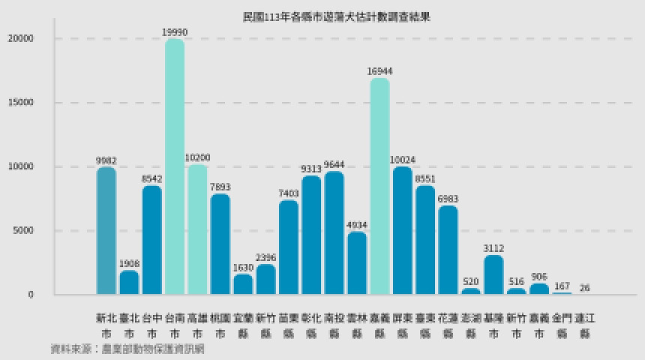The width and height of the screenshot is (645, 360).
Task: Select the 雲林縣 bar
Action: coord(357,262)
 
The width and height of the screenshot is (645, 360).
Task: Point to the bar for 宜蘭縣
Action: coord(243,283)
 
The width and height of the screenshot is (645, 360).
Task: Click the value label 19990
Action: coord(175,31)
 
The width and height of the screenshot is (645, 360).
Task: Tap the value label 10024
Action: coord(403,160)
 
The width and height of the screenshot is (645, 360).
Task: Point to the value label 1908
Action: coord(129,263)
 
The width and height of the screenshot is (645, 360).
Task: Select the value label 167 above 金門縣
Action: coord(562,286)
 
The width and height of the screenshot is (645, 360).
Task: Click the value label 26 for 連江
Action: coord(584,287)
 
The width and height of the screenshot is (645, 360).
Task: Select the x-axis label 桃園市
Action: coord(220,325)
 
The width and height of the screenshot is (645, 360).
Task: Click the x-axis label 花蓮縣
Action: coord(448,325)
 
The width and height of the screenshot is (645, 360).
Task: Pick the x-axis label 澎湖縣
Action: coord(471,325)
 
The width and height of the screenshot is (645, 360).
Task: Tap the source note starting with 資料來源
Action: coord(127,349)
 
